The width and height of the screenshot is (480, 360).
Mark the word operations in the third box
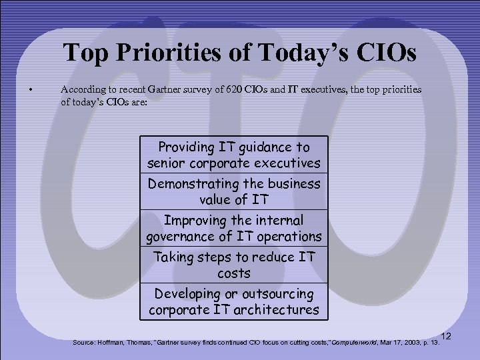(x=289, y=236)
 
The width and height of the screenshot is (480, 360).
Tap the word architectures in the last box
(x=279, y=310)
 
